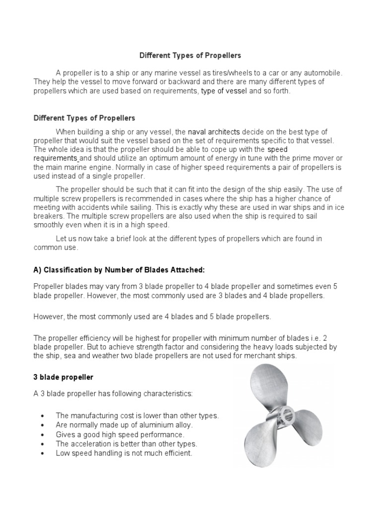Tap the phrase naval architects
[214, 131]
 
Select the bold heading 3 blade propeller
[63, 378]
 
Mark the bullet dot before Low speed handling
[44, 454]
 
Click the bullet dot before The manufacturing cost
[44, 416]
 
